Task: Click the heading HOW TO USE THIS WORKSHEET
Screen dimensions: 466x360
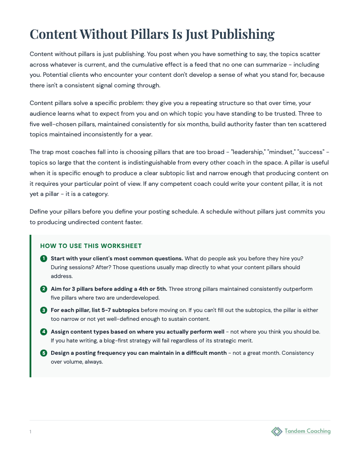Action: [91, 246]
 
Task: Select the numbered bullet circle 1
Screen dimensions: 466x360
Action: [44, 258]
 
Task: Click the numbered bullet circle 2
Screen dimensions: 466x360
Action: [44, 289]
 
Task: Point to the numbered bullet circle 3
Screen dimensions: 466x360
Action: [44, 310]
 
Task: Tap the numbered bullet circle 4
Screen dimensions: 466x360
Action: [44, 331]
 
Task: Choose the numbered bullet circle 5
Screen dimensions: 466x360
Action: [44, 353]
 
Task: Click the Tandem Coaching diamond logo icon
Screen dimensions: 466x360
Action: [277, 431]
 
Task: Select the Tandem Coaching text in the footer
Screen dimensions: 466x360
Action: [307, 431]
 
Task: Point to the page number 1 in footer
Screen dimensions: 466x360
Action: [30, 432]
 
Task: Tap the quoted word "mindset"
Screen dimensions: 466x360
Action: [281, 152]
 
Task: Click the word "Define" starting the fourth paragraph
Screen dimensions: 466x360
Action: [40, 211]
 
